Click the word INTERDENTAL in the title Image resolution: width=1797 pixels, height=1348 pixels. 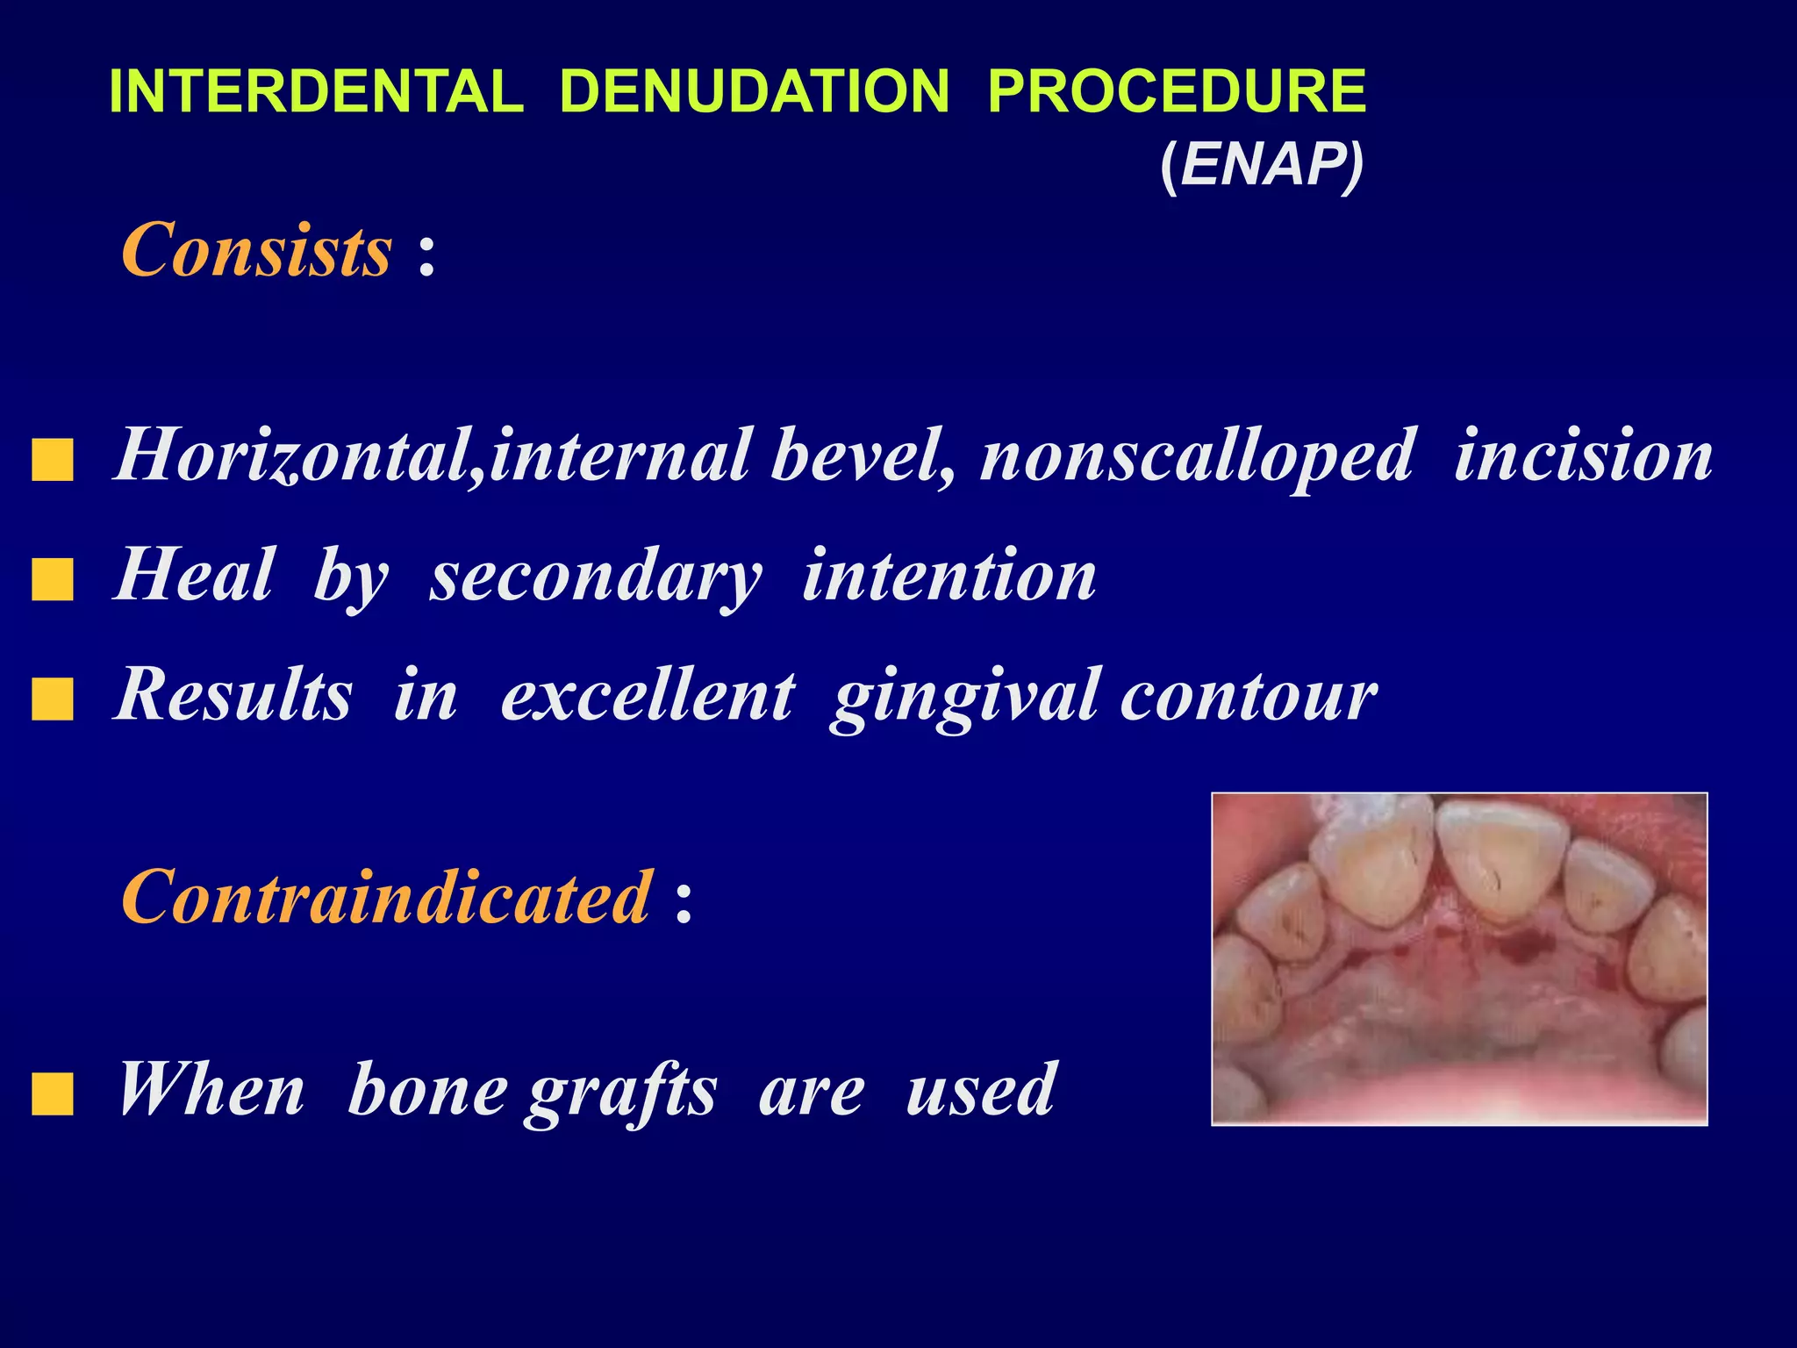pos(316,91)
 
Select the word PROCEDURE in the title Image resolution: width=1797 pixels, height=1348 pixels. pos(1177,91)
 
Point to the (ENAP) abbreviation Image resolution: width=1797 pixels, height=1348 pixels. pos(1262,164)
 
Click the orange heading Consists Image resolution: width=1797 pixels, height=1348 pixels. pos(256,250)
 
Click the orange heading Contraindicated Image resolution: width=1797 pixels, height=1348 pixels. pos(387,897)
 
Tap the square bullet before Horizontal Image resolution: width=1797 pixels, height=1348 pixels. pos(53,461)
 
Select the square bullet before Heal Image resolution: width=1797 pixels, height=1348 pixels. pos(53,580)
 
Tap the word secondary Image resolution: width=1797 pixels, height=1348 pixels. pos(596,577)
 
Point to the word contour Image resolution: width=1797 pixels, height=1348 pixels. pos(1249,696)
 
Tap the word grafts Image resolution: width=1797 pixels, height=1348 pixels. pos(621,1091)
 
